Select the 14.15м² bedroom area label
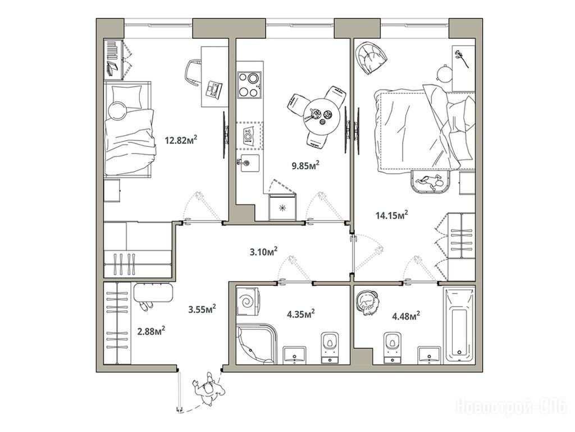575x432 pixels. pyautogui.click(x=392, y=215)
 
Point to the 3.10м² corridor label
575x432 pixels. pyautogui.click(x=263, y=252)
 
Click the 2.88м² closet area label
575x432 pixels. pyautogui.click(x=150, y=331)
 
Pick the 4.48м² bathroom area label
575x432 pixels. pyautogui.click(x=406, y=316)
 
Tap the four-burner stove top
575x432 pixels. pyautogui.click(x=249, y=84)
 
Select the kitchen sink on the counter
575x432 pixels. pyautogui.click(x=248, y=164)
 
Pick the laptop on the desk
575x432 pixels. pyautogui.click(x=213, y=89)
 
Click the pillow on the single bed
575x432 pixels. pyautogui.click(x=126, y=97)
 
